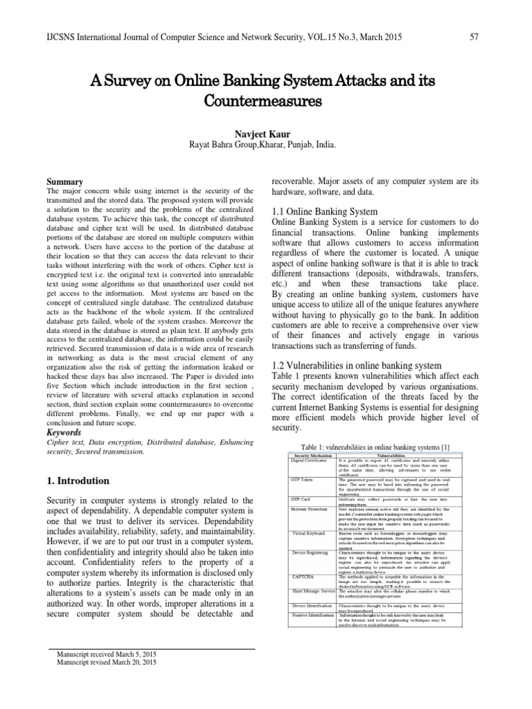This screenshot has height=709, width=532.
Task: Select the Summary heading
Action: point(64,181)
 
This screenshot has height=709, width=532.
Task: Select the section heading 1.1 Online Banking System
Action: point(324,211)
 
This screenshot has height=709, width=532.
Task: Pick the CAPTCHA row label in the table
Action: point(303,575)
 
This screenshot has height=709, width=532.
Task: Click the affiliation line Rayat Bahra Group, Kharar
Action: point(266,145)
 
